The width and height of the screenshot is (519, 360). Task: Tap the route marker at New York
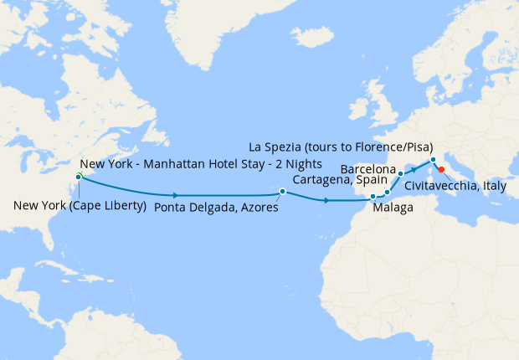pyautogui.click(x=78, y=177)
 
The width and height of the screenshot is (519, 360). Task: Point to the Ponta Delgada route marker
pyautogui.click(x=283, y=192)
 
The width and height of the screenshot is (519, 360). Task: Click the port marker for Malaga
pyautogui.click(x=373, y=198)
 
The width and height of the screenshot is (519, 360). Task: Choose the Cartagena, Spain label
pyautogui.click(x=339, y=180)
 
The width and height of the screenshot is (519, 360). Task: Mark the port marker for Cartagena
pyautogui.click(x=388, y=192)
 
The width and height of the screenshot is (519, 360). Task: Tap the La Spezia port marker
pyautogui.click(x=433, y=160)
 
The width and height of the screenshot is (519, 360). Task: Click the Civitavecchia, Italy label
pyautogui.click(x=455, y=186)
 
